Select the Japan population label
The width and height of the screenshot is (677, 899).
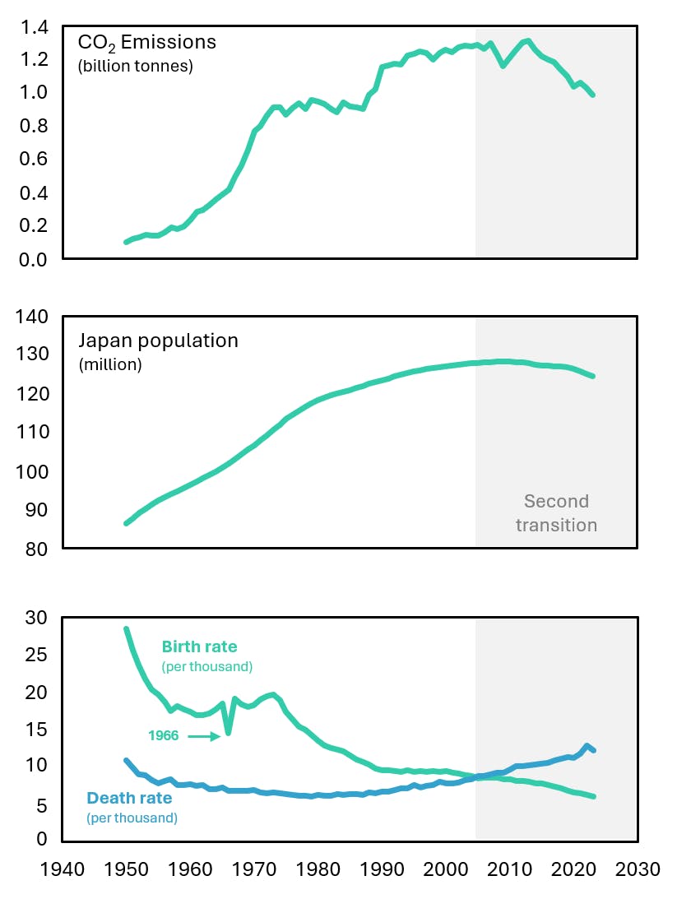[x=158, y=341]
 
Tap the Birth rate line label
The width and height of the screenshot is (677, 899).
[x=199, y=646]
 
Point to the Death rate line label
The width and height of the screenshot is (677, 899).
[x=129, y=798]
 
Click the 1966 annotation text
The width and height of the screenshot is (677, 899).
[x=163, y=736]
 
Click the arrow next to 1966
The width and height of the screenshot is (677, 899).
[x=203, y=736]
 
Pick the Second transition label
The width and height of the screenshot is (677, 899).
[x=556, y=513]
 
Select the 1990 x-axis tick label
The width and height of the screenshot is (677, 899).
[x=383, y=869]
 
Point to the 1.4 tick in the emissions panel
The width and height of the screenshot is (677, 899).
[x=35, y=28]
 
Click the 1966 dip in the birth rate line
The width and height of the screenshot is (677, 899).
[x=228, y=732]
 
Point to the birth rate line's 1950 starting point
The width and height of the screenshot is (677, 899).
[x=127, y=630]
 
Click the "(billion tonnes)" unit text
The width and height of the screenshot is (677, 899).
[x=135, y=67]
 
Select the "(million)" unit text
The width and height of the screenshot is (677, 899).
[x=110, y=364]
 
